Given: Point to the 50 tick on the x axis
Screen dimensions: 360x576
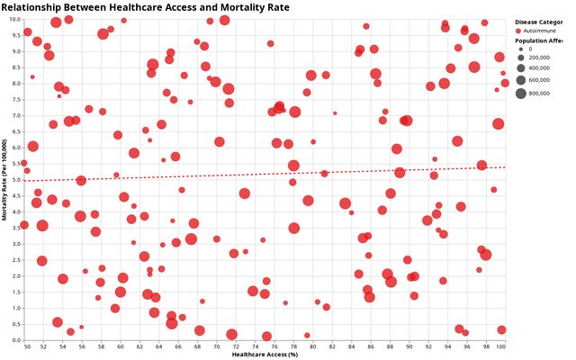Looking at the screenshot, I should point(27,346).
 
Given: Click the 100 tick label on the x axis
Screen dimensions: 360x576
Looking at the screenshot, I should point(501,346).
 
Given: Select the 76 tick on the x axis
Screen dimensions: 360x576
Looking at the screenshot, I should point(274,346).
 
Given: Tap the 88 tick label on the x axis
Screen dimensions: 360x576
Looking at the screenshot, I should point(388,346).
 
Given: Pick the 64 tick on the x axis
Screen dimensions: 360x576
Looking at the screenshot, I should point(160,346).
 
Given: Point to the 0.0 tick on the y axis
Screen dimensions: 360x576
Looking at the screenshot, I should point(15,340).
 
